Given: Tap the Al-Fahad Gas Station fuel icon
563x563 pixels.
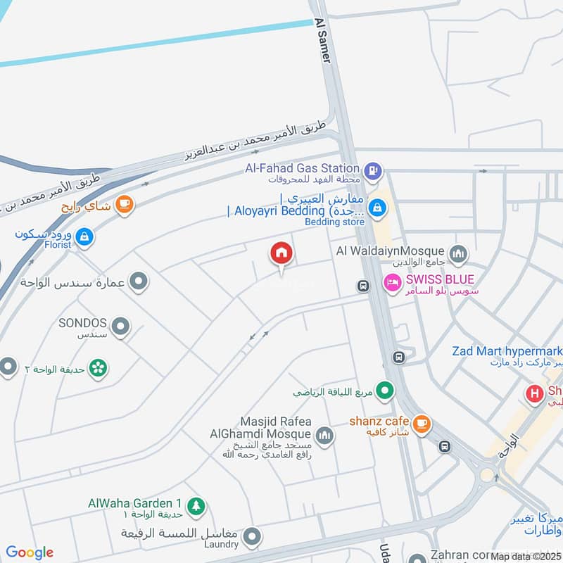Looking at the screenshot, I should (374, 169).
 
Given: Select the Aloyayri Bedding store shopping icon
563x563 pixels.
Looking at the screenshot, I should (377, 207).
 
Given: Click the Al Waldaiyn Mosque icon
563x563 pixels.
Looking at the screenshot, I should (458, 253).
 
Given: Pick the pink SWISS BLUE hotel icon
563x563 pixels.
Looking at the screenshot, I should (392, 283).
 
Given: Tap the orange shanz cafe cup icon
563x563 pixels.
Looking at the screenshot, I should (422, 423).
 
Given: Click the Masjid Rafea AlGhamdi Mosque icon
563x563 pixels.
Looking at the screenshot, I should (324, 436).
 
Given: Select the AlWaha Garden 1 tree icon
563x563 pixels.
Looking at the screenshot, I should (196, 505).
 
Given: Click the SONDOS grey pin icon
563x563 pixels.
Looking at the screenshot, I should (121, 326).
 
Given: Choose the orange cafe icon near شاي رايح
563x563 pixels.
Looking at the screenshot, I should (124, 204).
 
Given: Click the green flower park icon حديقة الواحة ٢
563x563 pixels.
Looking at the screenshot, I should (98, 368).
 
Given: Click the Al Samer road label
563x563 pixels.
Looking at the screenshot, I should (323, 41).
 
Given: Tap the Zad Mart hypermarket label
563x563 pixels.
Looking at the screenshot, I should (507, 351).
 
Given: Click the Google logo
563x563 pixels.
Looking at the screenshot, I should (30, 552).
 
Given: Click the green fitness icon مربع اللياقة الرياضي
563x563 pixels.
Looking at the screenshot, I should (384, 389).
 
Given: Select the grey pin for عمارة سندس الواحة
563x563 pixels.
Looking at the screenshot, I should (139, 282).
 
